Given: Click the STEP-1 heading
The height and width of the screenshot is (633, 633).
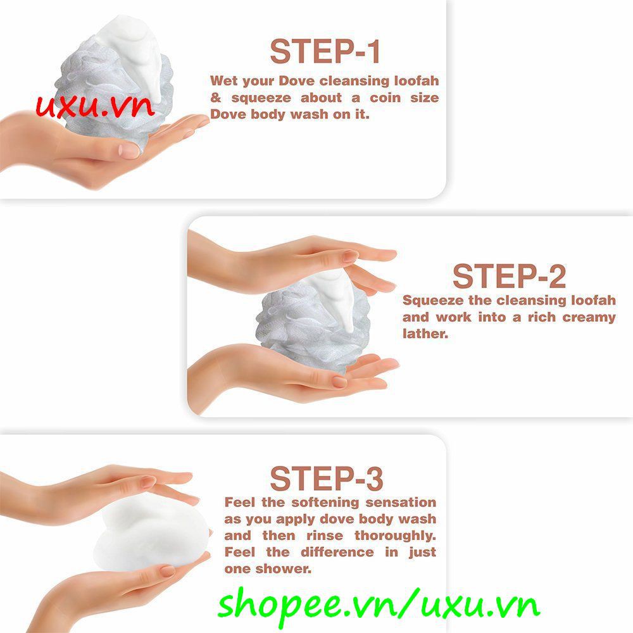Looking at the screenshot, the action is (x=325, y=51).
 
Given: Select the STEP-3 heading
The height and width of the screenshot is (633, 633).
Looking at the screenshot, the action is (x=326, y=479).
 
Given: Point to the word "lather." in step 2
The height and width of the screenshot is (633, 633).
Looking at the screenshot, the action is (x=425, y=334).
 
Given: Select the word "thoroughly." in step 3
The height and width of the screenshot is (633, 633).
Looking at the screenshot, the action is (x=395, y=536).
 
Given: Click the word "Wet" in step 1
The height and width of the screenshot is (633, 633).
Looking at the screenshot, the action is (x=225, y=81).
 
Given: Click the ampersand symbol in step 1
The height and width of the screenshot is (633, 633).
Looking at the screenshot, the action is (x=216, y=97).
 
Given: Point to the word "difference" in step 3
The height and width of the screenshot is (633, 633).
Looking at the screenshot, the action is (x=337, y=552).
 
